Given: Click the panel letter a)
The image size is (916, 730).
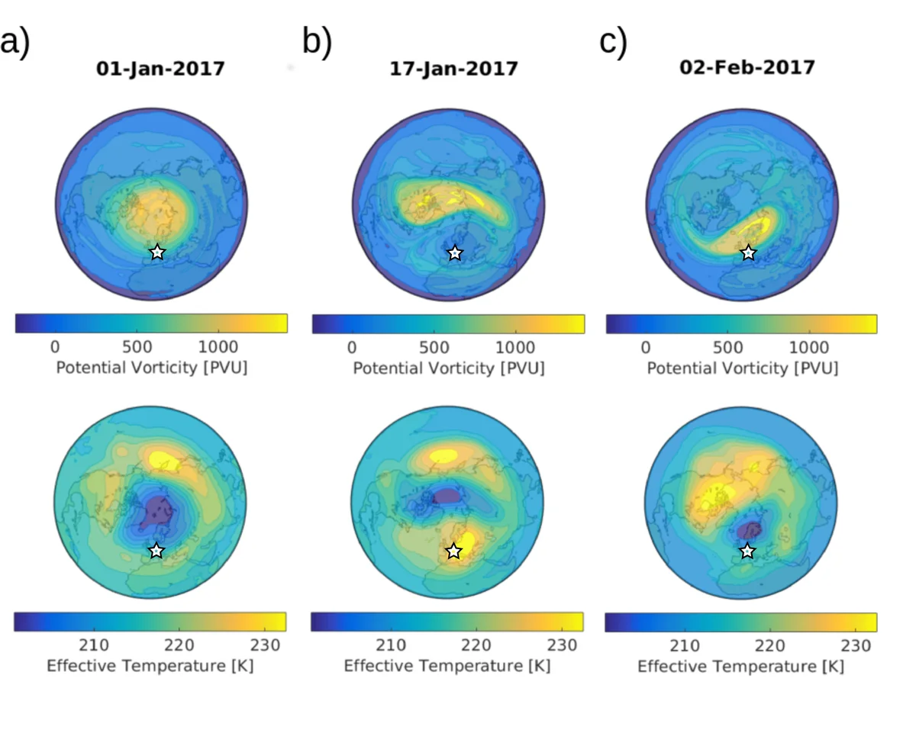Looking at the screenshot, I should (x=15, y=43).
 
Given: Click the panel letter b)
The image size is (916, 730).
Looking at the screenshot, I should (x=317, y=43).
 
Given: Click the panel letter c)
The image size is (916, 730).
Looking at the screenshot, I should (x=613, y=43).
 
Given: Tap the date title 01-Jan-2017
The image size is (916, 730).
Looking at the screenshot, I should (x=160, y=69).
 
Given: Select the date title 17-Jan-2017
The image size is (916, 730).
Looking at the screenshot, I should (x=454, y=69).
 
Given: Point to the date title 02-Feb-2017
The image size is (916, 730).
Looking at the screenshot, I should (x=747, y=67).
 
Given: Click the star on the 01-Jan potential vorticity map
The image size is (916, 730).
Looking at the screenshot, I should (x=157, y=252).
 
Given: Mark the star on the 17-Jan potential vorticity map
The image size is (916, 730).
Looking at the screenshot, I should (x=455, y=252).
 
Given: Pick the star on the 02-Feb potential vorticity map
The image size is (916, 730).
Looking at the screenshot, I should (x=749, y=252).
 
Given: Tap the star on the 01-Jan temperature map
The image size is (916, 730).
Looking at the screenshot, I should (x=156, y=551).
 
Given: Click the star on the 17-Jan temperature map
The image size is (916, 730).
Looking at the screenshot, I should (x=454, y=551).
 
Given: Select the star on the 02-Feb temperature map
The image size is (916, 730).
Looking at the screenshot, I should (x=748, y=551).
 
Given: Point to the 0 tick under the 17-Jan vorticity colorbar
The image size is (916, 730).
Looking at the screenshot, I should (x=352, y=347).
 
